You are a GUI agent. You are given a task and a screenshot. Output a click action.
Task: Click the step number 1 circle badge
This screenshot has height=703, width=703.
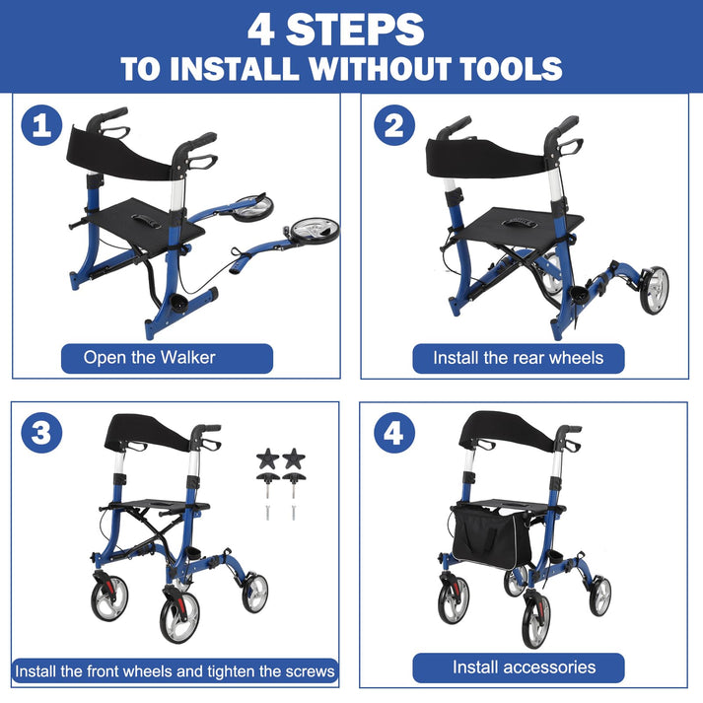pyautogui.click(x=41, y=126)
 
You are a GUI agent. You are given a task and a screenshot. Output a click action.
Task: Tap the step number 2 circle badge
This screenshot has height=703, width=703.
pyautogui.click(x=393, y=126)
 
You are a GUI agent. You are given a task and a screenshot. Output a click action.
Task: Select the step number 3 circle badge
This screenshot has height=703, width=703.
pyautogui.click(x=41, y=433)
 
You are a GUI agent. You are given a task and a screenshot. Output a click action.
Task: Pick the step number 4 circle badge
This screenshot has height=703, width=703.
pyautogui.click(x=393, y=433)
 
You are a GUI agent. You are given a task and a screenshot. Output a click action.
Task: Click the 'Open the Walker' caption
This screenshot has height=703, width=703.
pyautogui.click(x=150, y=357)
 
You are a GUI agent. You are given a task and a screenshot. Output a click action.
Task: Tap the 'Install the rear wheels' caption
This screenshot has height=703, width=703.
pyautogui.click(x=518, y=357)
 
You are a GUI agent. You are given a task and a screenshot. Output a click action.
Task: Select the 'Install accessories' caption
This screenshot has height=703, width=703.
pyautogui.click(x=524, y=668)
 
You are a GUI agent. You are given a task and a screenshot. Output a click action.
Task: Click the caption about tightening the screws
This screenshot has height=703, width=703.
pyautogui.click(x=175, y=671)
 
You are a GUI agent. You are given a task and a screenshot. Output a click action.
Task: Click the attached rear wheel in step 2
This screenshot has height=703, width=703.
pyautogui.click(x=653, y=290)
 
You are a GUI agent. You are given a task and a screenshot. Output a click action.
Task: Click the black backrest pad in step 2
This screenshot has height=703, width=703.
pyautogui.click(x=486, y=154)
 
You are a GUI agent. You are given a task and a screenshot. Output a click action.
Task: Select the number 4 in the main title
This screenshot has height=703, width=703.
pyautogui.click(x=261, y=29)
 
